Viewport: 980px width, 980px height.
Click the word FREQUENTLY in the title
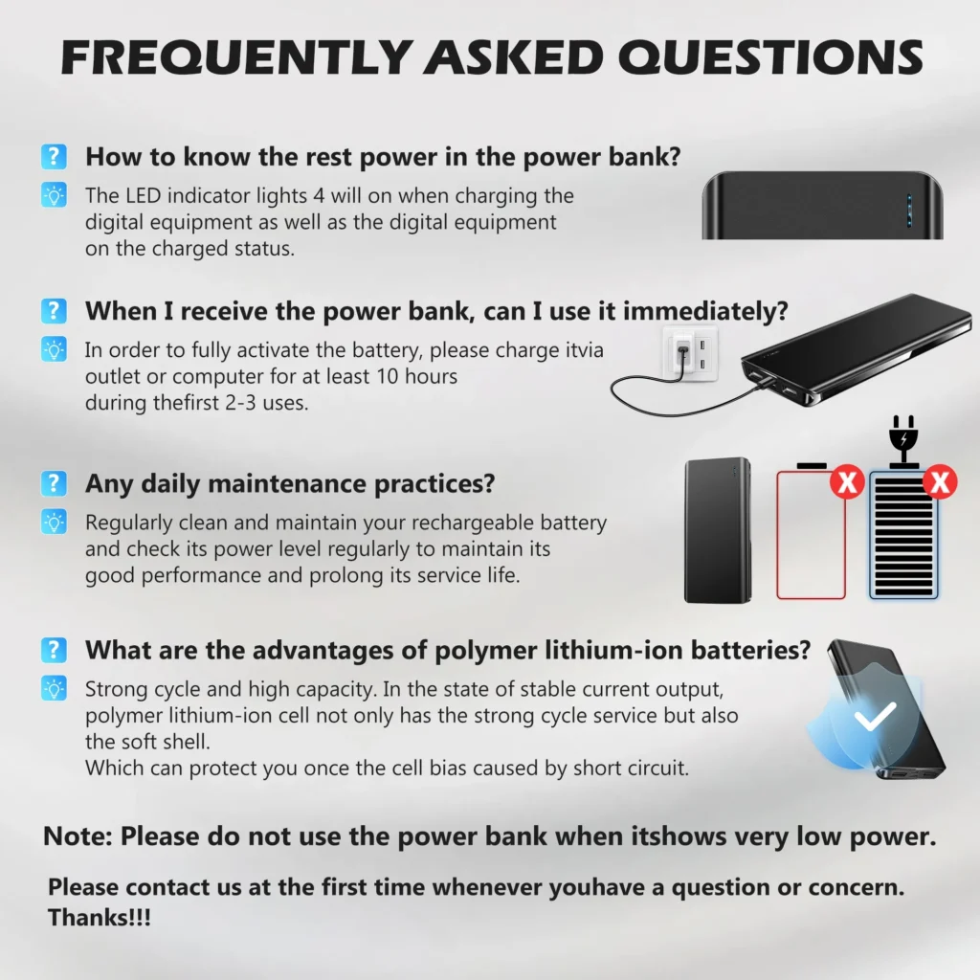(x=236, y=57)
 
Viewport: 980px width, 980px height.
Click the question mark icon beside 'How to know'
(x=54, y=156)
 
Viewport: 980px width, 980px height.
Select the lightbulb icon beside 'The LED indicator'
(x=54, y=195)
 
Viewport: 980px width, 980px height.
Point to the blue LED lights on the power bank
(x=909, y=210)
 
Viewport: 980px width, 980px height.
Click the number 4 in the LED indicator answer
(x=319, y=195)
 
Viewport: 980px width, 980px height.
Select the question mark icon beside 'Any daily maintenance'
(x=54, y=483)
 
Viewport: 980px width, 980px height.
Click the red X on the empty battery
(x=847, y=482)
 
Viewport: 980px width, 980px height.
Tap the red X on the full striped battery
(x=940, y=482)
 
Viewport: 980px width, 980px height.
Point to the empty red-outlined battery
(x=811, y=531)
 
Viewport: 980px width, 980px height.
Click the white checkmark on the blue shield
(x=875, y=716)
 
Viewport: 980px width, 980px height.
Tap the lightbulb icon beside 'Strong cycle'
(x=54, y=688)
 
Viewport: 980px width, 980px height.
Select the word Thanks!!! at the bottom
(x=100, y=918)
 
